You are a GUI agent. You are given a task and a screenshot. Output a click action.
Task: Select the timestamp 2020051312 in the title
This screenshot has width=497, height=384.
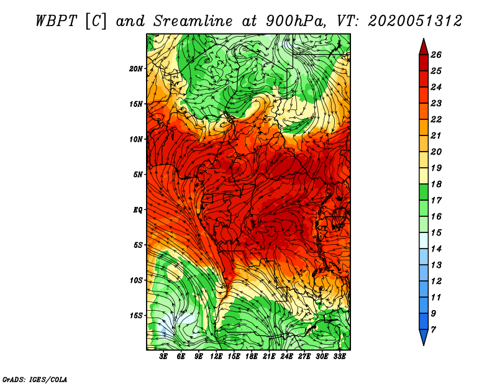(414, 21)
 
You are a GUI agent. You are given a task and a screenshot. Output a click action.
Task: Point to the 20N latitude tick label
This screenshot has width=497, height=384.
(136, 68)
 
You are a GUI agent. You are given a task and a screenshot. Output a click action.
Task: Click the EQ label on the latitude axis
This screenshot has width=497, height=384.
(138, 210)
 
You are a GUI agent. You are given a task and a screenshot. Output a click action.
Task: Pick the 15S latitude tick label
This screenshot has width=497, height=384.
(136, 316)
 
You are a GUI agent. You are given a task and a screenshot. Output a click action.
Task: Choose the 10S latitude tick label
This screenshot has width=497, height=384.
(136, 280)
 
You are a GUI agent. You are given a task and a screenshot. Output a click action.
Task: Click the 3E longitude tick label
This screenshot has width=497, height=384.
(164, 357)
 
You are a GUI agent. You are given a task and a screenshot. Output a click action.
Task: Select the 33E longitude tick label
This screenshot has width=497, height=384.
(340, 357)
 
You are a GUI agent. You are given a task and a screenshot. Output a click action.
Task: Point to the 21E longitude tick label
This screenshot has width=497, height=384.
(269, 357)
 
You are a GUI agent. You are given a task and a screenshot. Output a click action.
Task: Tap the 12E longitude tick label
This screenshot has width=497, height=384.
(217, 357)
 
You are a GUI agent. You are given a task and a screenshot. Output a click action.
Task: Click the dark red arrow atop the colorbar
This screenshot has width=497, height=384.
(423, 45)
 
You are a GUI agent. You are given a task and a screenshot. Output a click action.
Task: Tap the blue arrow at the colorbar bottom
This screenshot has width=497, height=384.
(423, 339)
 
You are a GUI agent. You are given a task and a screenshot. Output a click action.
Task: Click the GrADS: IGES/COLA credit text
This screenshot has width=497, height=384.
(35, 379)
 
